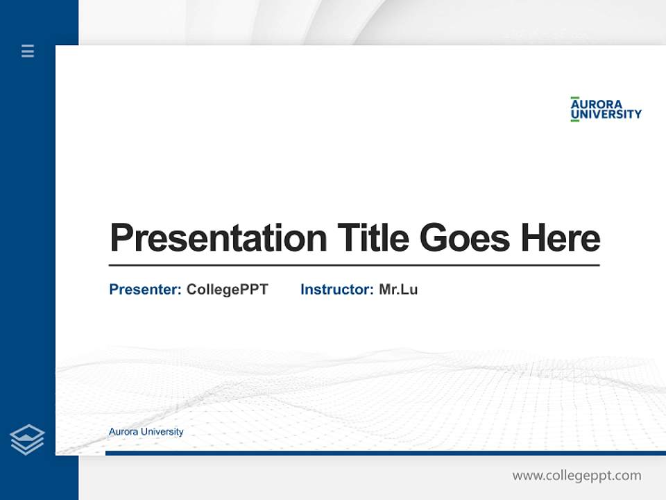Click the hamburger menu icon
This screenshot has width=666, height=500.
(x=28, y=51)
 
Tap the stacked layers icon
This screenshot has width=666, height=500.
(x=27, y=440)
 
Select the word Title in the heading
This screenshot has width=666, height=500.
(x=373, y=238)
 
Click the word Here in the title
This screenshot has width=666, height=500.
(x=561, y=238)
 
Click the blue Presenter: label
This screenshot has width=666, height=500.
(x=145, y=290)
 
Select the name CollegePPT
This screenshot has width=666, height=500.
(x=227, y=290)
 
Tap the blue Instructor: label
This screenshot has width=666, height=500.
(x=336, y=290)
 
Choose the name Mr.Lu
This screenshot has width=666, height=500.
(x=398, y=290)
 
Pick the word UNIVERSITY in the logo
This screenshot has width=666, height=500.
(x=606, y=115)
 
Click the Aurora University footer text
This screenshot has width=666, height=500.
(x=146, y=432)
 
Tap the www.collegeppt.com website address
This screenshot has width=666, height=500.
(x=577, y=476)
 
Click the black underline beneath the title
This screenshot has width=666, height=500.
(x=354, y=265)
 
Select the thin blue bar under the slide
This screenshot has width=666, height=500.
(x=385, y=453)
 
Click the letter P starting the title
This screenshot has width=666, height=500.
(x=121, y=238)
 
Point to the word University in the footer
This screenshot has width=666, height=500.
(x=162, y=432)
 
